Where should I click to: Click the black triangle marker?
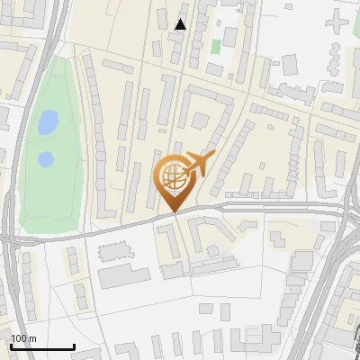point(181,24)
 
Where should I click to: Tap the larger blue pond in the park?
point(48,120)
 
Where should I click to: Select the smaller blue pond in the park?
point(45,159)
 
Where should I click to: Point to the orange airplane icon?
point(199,165)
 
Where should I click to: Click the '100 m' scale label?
point(24,338)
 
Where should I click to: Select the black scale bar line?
point(42,346)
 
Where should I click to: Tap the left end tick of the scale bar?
point(11,345)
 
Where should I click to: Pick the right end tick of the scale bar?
point(74,345)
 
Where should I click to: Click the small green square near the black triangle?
point(216,46)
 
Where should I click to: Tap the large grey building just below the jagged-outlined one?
point(123,276)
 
